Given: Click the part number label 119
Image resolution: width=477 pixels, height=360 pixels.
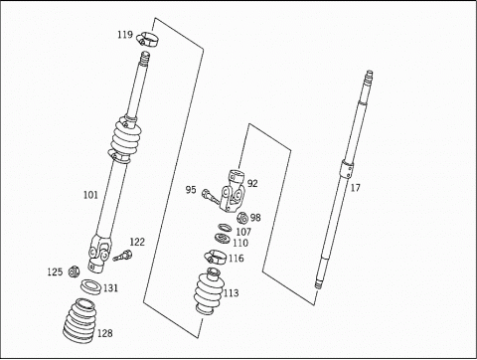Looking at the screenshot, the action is pyautogui.click(x=125, y=35).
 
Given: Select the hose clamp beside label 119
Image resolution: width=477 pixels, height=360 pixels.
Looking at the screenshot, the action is pyautogui.click(x=147, y=39).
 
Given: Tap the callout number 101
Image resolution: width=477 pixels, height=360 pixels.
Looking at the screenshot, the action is pyautogui.click(x=90, y=195).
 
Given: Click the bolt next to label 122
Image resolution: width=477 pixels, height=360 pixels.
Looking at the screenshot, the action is pyautogui.click(x=122, y=256).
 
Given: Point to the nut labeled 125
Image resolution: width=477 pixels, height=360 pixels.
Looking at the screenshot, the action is pyautogui.click(x=74, y=271).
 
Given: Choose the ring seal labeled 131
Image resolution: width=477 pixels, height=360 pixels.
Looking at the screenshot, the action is pyautogui.click(x=91, y=286).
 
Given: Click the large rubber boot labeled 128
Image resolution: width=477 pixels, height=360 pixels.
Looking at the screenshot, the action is pyautogui.click(x=79, y=320).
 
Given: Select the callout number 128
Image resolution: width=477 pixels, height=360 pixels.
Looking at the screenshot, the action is pyautogui.click(x=105, y=333).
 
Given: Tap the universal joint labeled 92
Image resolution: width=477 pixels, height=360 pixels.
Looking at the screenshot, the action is pyautogui.click(x=233, y=191).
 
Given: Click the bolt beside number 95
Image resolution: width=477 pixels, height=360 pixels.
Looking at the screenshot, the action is pyautogui.click(x=210, y=197).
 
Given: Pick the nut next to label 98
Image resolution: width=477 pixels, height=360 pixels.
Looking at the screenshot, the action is pyautogui.click(x=242, y=218).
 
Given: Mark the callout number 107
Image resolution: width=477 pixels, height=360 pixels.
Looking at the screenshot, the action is pyautogui.click(x=243, y=232).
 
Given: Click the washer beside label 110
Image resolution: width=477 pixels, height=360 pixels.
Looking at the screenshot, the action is pyautogui.click(x=223, y=238).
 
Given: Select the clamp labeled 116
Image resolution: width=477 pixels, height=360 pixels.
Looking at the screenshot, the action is pyautogui.click(x=216, y=258).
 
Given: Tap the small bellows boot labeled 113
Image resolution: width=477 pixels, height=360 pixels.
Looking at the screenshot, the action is pyautogui.click(x=210, y=290).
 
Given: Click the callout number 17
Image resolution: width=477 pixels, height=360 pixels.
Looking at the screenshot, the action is pyautogui.click(x=355, y=188).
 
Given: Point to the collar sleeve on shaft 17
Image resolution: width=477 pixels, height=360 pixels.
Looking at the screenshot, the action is pyautogui.click(x=347, y=170).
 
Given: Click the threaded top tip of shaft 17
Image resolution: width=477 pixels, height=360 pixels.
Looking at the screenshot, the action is pyautogui.click(x=369, y=74).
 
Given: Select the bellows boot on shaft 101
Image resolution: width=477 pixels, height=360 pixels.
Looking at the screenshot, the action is pyautogui.click(x=125, y=139).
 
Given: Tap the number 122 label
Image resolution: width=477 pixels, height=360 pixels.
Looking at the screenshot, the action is pyautogui.click(x=137, y=242).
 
